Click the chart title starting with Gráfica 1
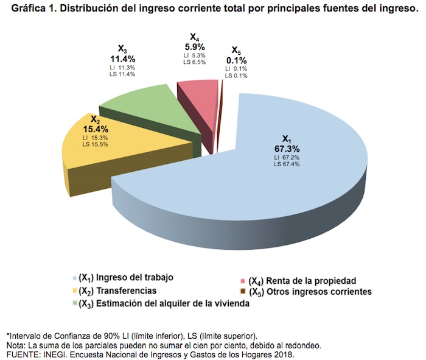click(x=213, y=10)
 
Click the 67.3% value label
click(x=287, y=148)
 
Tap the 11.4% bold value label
click(x=122, y=59)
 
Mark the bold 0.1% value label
click(x=236, y=60)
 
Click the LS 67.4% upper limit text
click(x=287, y=164)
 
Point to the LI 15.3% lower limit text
click(x=94, y=139)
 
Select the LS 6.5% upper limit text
click(x=194, y=62)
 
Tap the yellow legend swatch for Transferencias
click(x=75, y=291)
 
